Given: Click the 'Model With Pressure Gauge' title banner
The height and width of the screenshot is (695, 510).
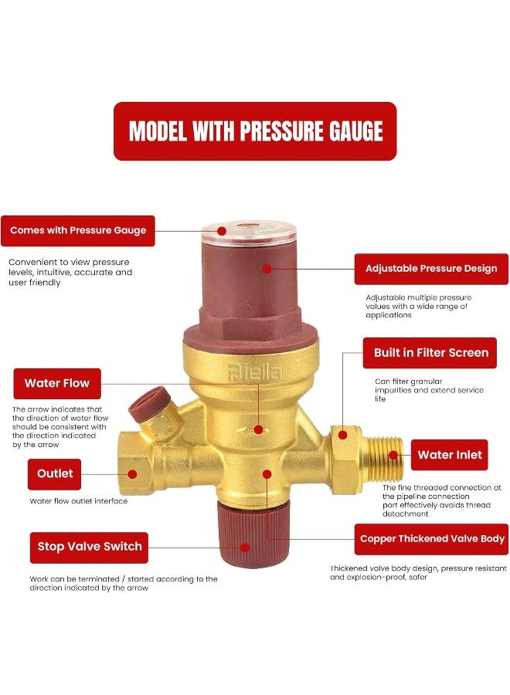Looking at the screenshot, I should (x=255, y=131).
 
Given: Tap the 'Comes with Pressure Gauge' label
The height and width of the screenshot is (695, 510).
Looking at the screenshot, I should (x=77, y=230).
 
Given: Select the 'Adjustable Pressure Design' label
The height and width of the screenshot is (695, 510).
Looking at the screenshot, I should (x=431, y=269).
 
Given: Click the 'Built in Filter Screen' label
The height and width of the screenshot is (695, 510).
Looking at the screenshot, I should (x=430, y=353).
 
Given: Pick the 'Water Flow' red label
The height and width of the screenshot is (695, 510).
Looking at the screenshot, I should (x=57, y=383).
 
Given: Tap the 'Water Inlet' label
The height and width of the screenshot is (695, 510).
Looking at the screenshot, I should (x=449, y=455).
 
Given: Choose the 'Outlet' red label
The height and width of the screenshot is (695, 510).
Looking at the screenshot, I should (x=55, y=473).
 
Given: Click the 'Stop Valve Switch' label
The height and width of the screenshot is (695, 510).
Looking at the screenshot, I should (x=90, y=546).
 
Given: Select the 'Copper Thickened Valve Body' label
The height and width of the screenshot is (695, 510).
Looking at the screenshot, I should (x=432, y=539).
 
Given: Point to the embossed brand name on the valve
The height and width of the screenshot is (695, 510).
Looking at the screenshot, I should (x=254, y=372).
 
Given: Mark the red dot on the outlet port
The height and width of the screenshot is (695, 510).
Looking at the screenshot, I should (x=132, y=474).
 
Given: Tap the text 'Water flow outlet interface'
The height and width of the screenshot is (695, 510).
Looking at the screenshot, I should (x=79, y=501).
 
